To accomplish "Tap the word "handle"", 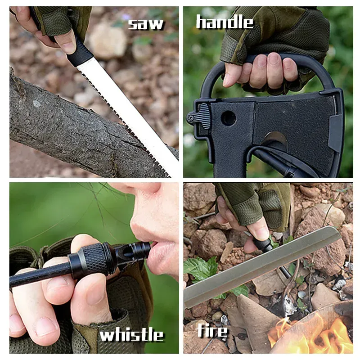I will [225, 22].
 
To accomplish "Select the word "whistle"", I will [131, 334].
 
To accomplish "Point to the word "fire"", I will [212, 331].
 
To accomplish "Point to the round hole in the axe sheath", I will [228, 118].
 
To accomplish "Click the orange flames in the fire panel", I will [310, 333].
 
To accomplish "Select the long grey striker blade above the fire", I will [261, 265].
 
